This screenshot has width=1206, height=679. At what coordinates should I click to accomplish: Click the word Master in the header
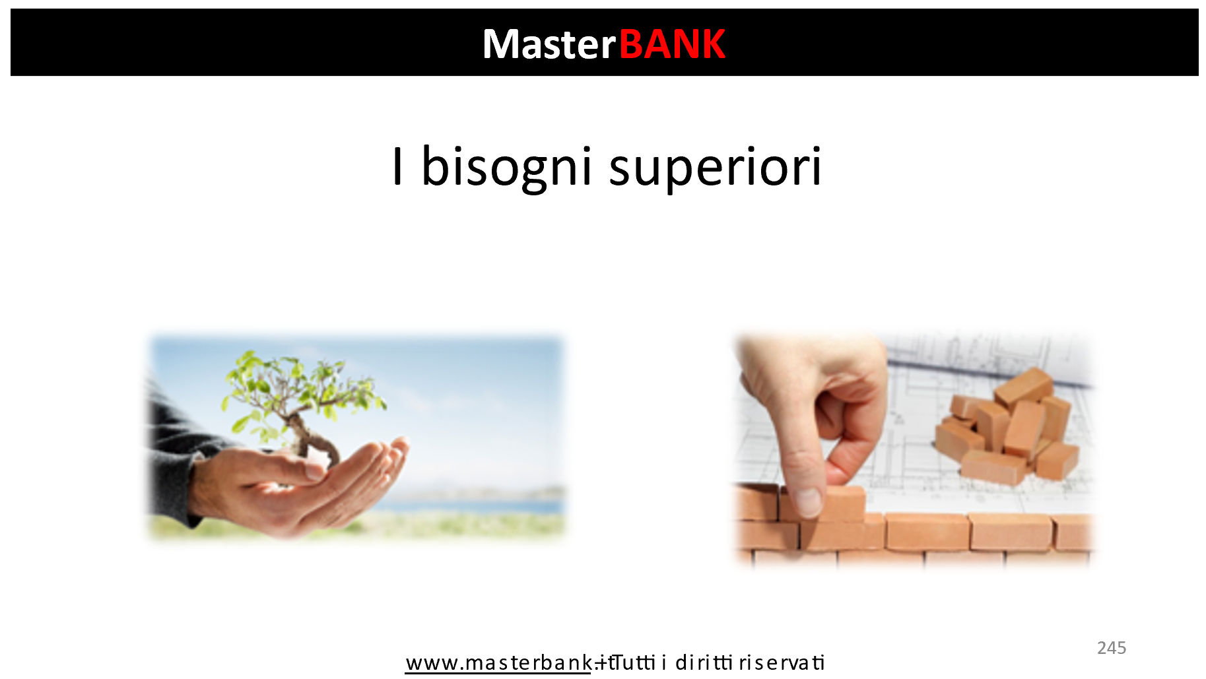(x=549, y=44)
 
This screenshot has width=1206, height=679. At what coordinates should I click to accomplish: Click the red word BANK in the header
(x=672, y=44)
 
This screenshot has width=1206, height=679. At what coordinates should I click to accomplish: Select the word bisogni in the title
(x=506, y=167)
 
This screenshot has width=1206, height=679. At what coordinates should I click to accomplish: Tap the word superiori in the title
(x=715, y=167)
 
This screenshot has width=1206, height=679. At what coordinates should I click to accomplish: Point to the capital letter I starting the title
(x=397, y=166)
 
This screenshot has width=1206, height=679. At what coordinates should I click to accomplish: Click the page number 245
(x=1112, y=648)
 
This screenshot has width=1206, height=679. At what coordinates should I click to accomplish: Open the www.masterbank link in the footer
(x=498, y=663)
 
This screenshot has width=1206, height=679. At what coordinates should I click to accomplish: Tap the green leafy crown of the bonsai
(x=300, y=389)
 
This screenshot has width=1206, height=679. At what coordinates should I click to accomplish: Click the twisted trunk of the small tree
(x=310, y=439)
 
